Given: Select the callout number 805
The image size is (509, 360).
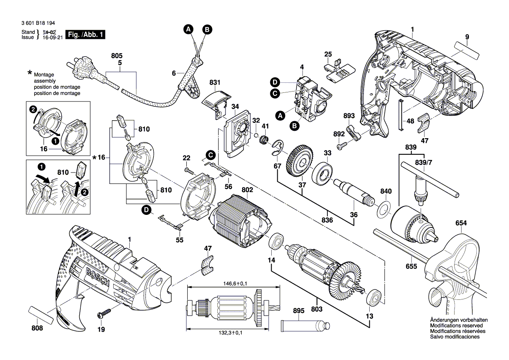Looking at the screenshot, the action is tap(117, 56).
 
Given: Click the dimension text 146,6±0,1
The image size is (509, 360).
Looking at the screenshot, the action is tap(233, 284).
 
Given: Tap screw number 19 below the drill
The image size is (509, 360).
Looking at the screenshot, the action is tap(105, 312).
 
